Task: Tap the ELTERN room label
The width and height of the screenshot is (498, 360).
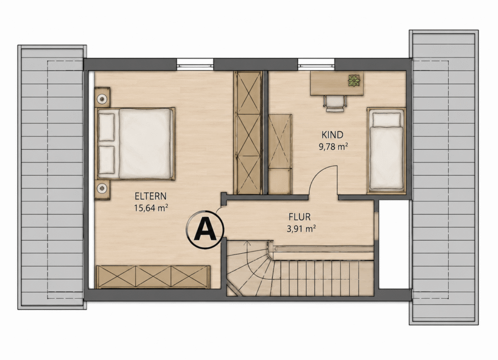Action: (151, 196)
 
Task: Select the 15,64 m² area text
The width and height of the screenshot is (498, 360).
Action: (151, 208)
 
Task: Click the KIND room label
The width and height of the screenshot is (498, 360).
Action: (333, 135)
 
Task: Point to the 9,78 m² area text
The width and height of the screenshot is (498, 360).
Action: (333, 147)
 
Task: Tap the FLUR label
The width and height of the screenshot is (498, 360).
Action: (300, 217)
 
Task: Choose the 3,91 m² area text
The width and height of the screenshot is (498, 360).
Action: (301, 229)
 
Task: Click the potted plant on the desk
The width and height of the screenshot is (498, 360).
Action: (354, 81)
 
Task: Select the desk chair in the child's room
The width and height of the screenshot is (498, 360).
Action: (335, 103)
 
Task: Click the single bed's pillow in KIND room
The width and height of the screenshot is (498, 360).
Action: (387, 119)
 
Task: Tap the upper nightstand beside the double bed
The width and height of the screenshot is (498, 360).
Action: (102, 97)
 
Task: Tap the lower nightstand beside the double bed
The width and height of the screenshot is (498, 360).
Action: (102, 190)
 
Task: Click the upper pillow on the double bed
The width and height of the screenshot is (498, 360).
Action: (107, 127)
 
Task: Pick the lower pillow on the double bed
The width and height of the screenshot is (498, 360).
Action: (107, 160)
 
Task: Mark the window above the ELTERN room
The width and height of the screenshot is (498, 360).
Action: (195, 64)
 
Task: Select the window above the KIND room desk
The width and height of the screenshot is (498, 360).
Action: (317, 64)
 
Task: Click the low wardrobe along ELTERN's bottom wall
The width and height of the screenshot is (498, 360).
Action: (153, 277)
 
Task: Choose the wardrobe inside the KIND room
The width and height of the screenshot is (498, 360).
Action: (280, 154)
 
